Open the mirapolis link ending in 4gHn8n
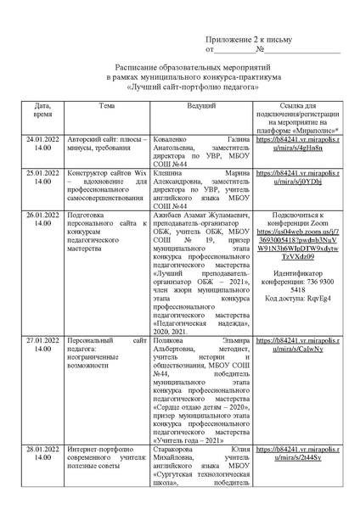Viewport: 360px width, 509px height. pyautogui.click(x=301, y=143)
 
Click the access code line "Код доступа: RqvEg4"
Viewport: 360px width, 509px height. pyautogui.click(x=301, y=299)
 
